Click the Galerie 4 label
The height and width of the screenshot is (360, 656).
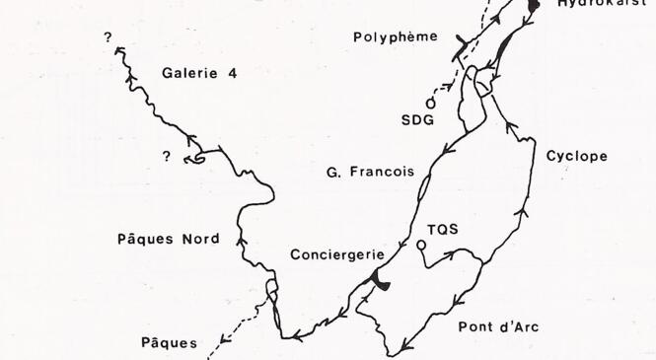pos(199,73)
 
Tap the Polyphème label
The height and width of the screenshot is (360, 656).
pos(395,37)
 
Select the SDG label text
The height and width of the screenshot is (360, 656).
pos(417,120)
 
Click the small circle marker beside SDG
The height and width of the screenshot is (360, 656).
pos(430,102)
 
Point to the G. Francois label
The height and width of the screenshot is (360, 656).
pos(370,171)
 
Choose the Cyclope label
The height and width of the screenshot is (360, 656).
pos(576,156)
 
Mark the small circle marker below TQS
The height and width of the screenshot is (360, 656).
pos(421,245)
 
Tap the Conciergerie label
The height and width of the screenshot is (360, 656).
pos(336,254)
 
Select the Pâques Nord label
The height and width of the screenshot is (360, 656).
pos(181,240)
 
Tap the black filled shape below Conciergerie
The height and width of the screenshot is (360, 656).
pos(380,284)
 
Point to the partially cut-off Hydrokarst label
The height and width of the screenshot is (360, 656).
pos(601,4)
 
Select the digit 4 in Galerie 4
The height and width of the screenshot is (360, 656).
pos(233,73)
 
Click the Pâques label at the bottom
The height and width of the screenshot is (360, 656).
pos(168,344)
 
